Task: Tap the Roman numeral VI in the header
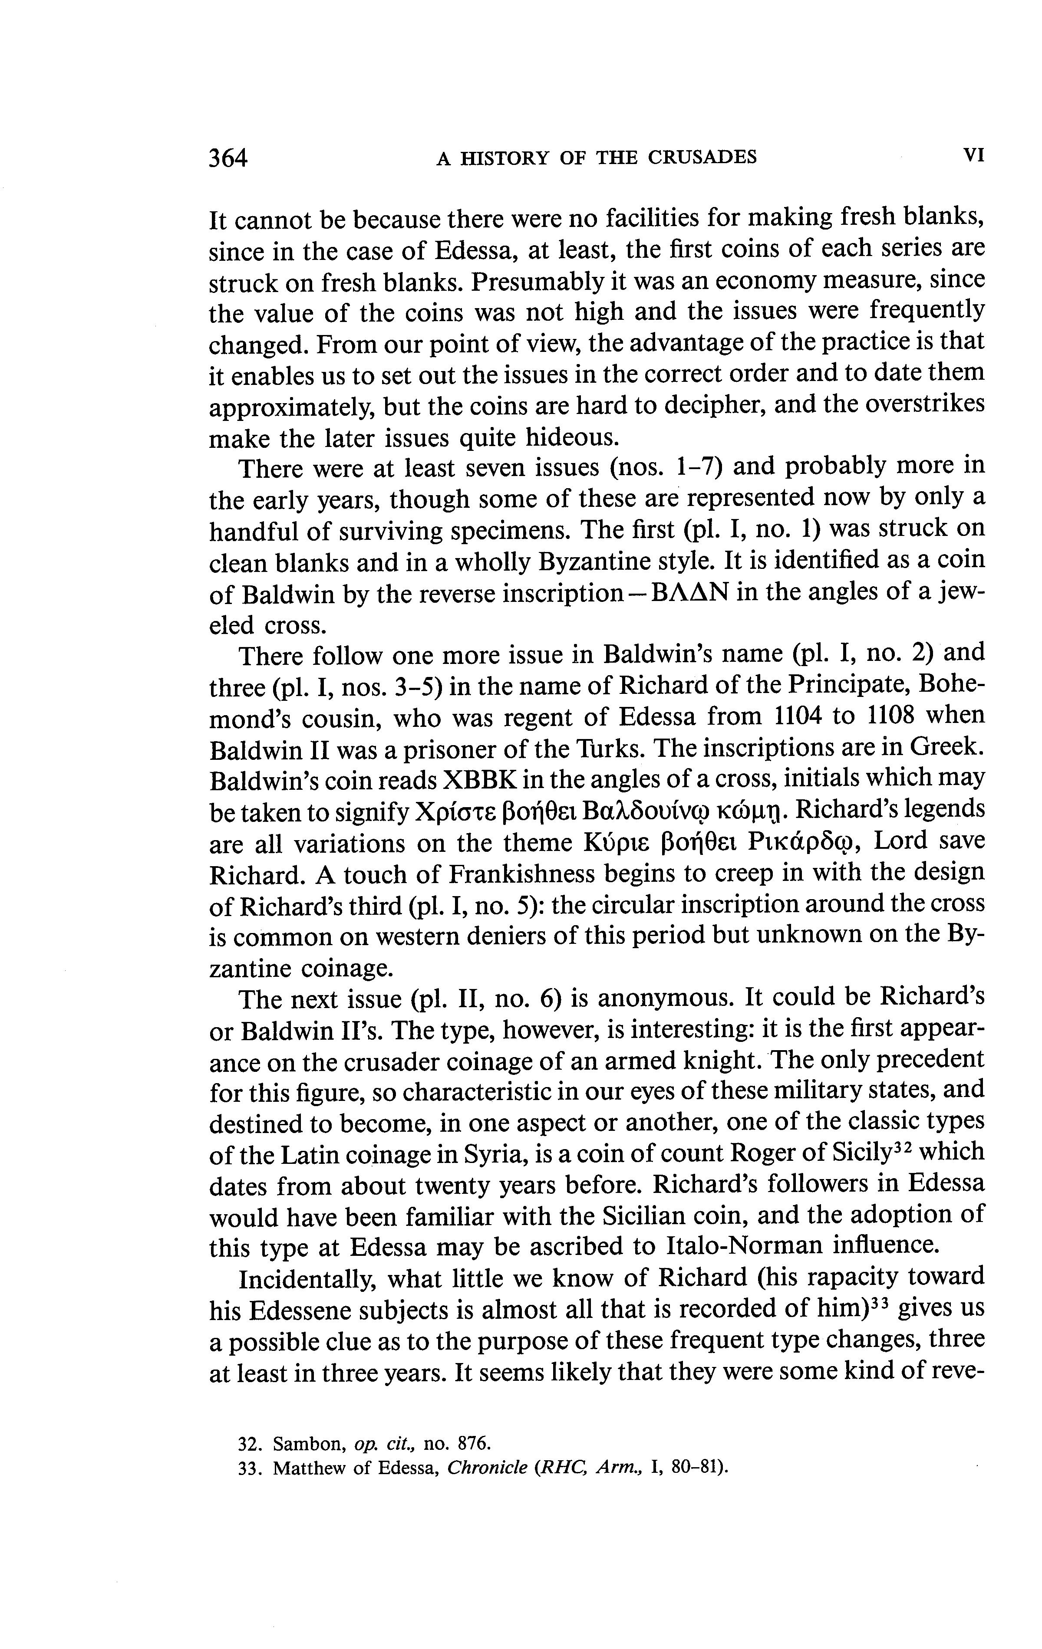coord(973,155)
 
